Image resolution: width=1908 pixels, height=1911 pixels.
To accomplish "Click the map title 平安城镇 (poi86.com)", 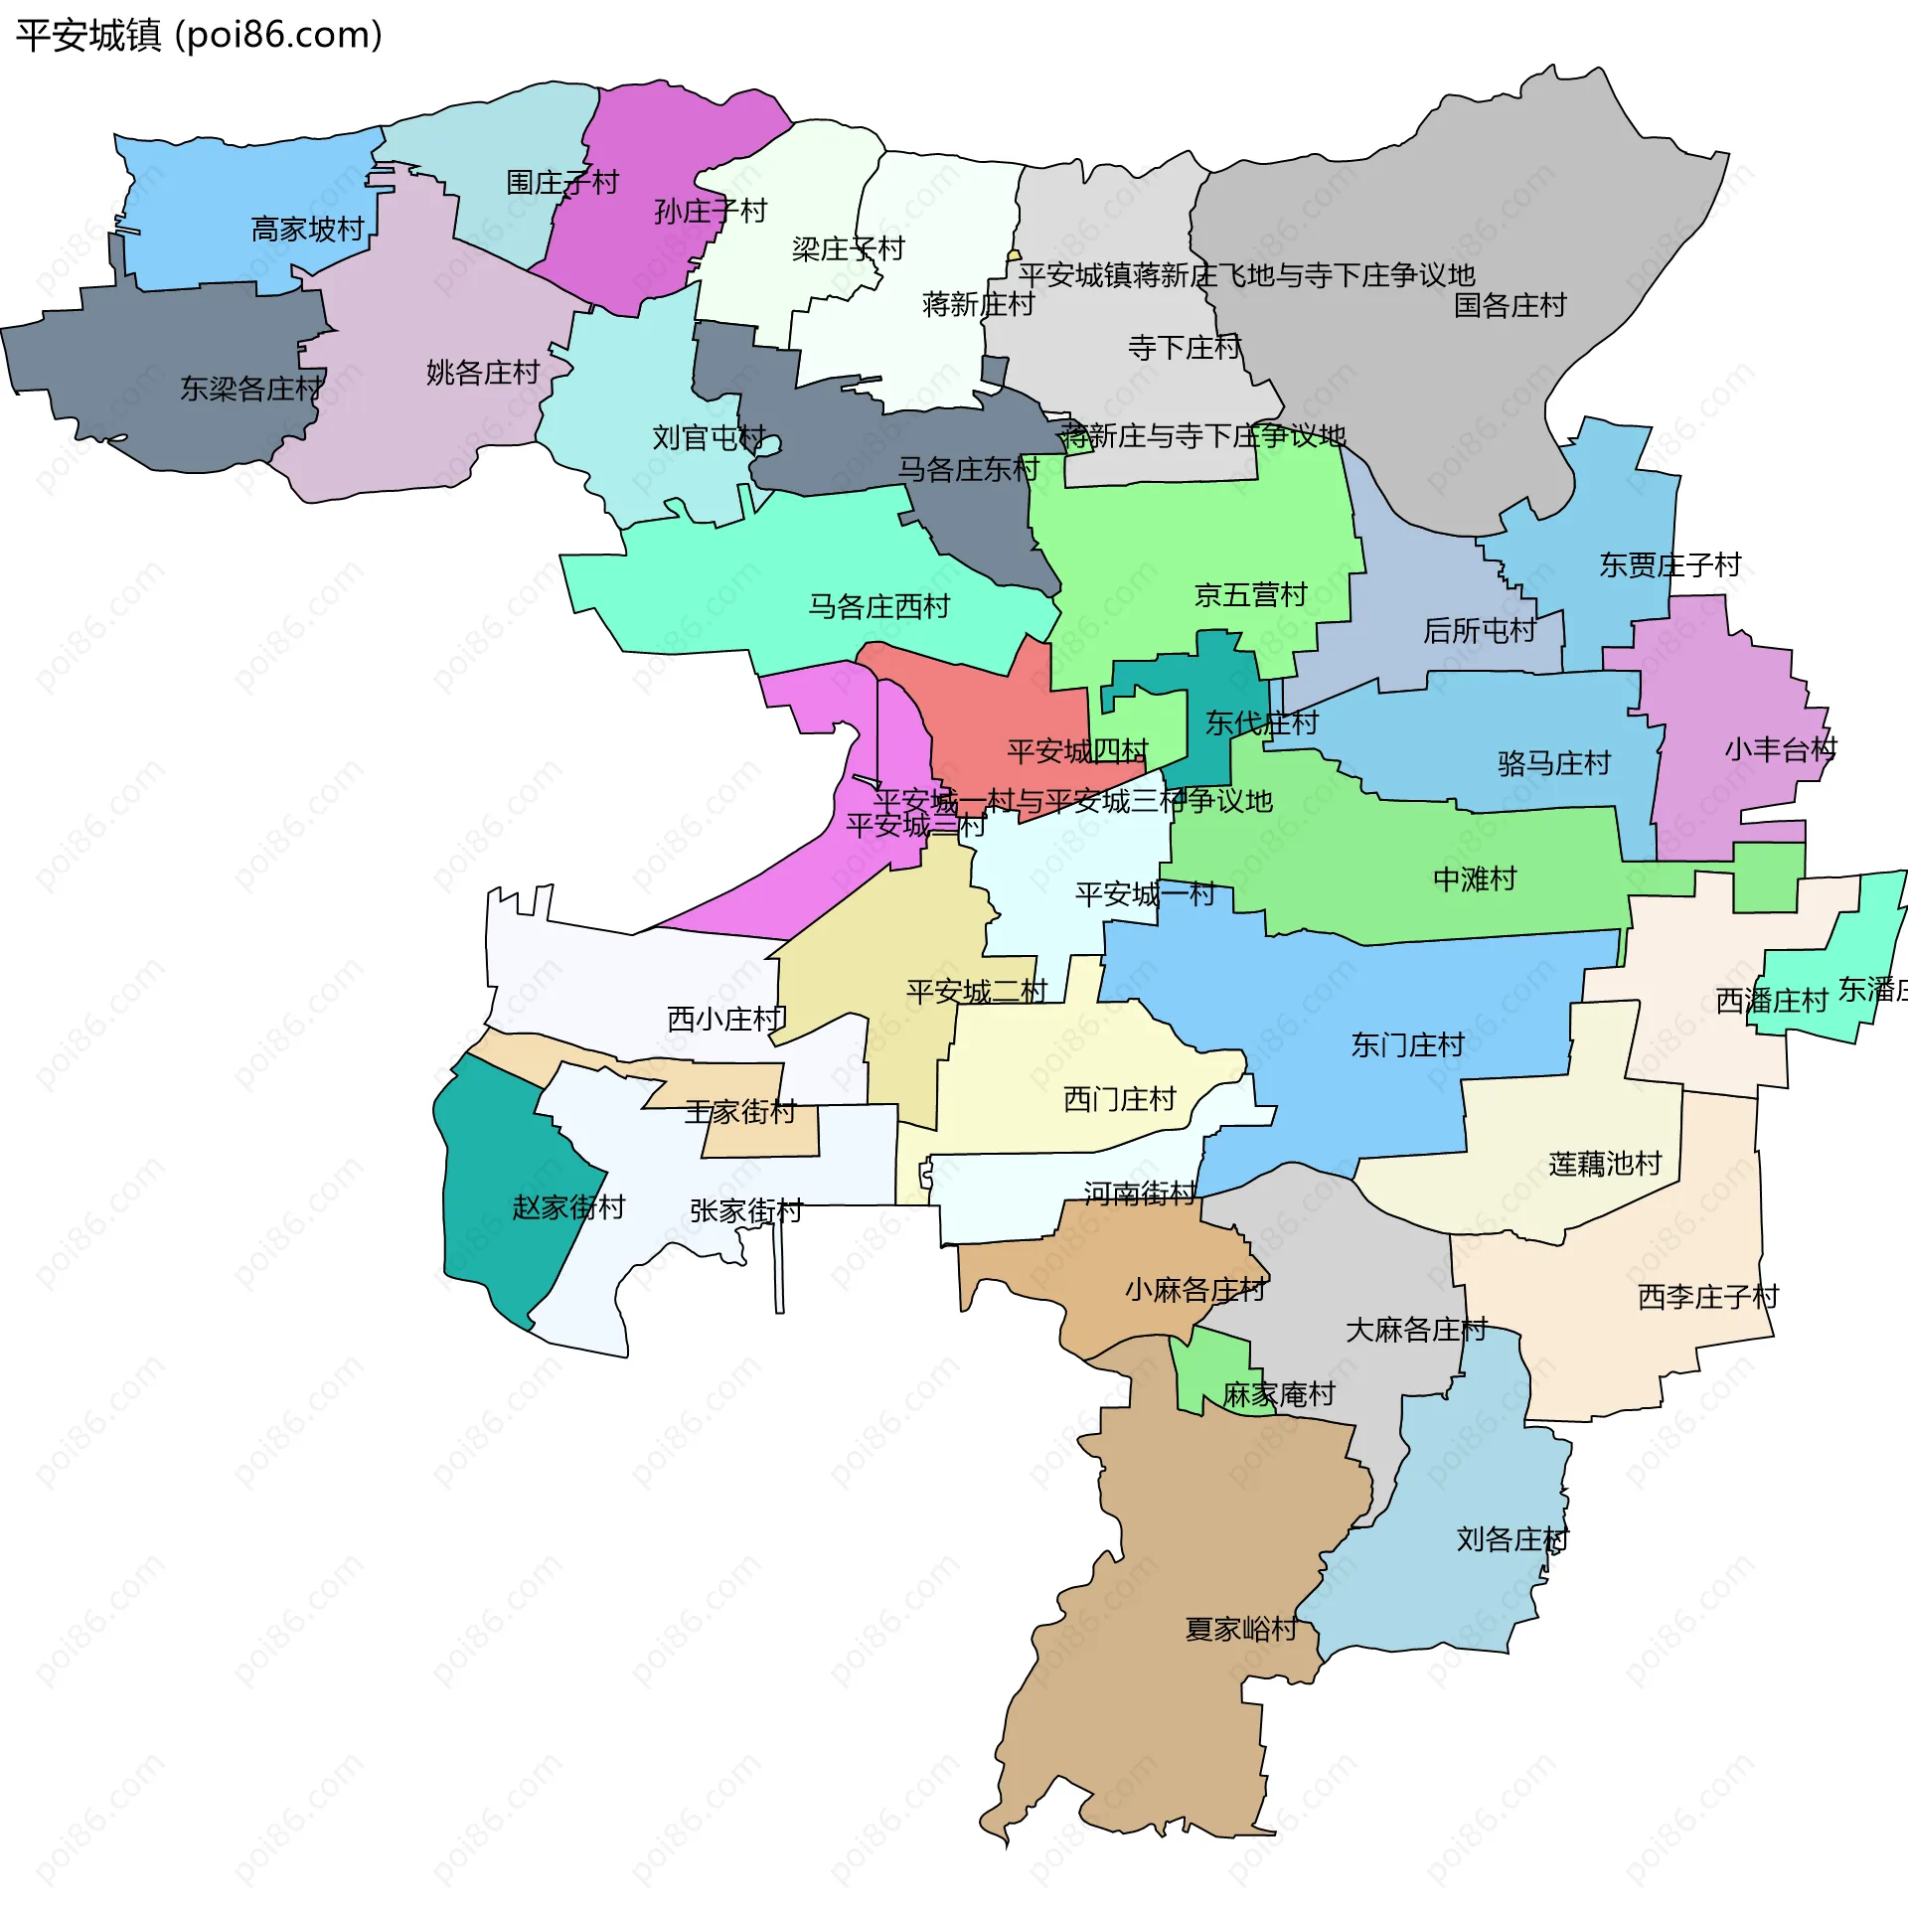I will (x=199, y=36).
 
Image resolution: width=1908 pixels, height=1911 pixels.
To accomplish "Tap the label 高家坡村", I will (x=308, y=230).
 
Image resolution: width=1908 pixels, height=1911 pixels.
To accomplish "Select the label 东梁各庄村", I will (x=251, y=389).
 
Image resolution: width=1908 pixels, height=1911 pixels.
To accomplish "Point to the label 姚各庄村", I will (x=483, y=373).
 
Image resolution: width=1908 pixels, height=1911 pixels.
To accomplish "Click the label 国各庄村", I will (x=1510, y=305).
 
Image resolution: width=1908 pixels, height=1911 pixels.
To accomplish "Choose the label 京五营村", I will (x=1250, y=595).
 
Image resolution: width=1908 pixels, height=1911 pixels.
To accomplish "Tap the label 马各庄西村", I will (x=878, y=606).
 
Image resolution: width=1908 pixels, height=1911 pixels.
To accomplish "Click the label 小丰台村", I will (x=1780, y=749).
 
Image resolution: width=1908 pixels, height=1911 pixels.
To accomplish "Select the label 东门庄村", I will (x=1407, y=1045).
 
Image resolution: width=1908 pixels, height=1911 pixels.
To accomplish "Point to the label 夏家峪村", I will (x=1241, y=1629).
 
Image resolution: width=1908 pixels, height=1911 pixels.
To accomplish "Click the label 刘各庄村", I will (x=1511, y=1539).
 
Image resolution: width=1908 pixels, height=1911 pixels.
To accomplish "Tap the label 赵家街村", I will (x=568, y=1207).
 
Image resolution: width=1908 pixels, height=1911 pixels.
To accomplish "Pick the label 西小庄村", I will (x=725, y=1019).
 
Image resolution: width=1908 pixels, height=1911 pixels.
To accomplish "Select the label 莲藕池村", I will (x=1605, y=1164).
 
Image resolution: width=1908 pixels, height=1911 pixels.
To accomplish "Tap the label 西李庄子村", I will (x=1708, y=1297).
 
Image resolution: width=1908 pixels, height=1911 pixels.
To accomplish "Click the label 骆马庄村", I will (x=1554, y=763).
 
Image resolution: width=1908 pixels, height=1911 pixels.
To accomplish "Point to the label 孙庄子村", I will (x=711, y=211).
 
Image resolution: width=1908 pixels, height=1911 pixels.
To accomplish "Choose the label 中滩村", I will (x=1475, y=878).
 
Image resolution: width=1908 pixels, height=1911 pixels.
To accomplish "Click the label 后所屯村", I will (x=1479, y=630).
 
